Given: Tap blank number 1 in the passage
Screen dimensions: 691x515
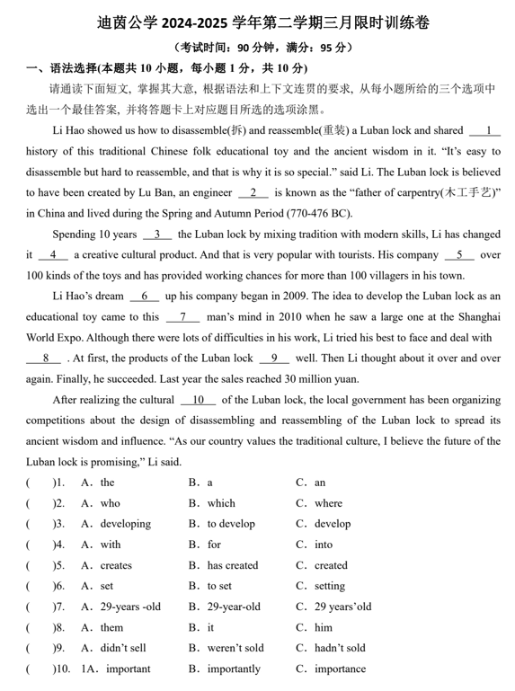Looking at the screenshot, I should coord(485,130).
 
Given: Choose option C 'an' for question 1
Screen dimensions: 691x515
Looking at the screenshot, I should coord(319,483).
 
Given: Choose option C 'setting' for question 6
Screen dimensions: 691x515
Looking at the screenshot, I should coord(329,586).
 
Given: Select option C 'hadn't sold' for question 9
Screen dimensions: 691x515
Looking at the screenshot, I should coord(339,648).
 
